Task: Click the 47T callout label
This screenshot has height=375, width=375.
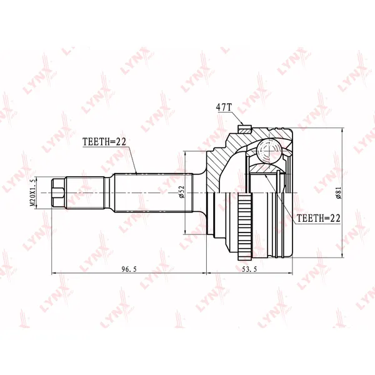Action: click(224, 107)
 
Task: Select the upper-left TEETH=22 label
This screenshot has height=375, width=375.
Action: click(104, 142)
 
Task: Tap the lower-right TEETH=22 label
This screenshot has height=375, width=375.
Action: click(318, 218)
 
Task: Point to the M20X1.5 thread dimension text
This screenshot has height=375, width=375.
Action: click(32, 192)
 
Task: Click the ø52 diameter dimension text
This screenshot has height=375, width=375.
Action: click(182, 192)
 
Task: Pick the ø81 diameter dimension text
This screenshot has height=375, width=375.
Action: click(339, 192)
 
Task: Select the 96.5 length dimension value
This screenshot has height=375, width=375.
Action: click(129, 269)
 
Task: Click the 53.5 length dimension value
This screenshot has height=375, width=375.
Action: click(249, 269)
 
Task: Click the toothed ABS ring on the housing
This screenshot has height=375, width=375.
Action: click(245, 227)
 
